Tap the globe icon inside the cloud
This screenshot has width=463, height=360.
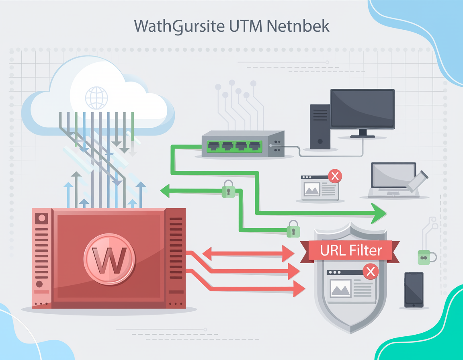pos(96,98)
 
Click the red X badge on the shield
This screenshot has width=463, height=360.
pos(371,272)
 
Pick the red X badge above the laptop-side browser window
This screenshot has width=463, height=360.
pos(335,176)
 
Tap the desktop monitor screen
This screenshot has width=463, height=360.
pos(362,108)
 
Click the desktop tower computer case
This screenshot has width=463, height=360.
pos(320,127)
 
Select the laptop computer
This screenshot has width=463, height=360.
pos(393,180)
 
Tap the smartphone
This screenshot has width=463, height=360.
pos(414,290)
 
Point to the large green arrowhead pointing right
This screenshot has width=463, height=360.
pos(378,213)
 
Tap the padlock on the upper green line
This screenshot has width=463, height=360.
pos(228,188)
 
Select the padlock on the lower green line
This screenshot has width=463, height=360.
pos(293,229)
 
